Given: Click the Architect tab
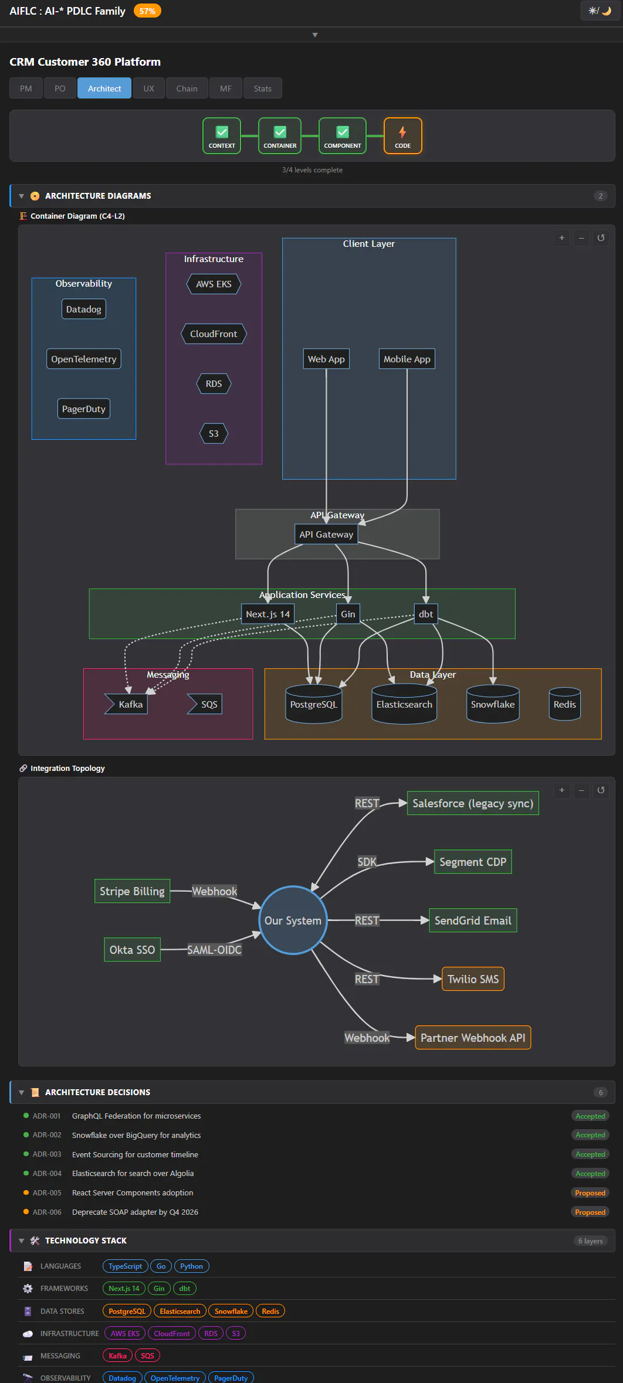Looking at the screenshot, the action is pos(104,89).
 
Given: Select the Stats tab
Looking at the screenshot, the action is pos(262,89).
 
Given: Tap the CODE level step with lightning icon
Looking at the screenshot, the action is pos(402,136).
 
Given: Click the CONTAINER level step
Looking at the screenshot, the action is pos(280,136).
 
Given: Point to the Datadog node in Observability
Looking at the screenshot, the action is pos(84,309).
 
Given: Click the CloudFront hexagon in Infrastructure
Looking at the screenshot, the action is pos(214,334).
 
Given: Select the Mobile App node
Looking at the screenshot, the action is pos(407,359).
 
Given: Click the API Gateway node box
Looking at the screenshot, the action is pos(326,534).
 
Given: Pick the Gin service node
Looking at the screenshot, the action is pos(348,614).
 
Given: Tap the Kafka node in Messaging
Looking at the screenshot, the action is pos(127,704).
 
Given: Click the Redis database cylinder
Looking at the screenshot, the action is pos(565,704).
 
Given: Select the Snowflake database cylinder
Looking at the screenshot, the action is pos(493,704).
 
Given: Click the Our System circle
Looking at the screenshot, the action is pos(293,920).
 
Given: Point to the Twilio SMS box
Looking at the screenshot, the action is pos(473,979).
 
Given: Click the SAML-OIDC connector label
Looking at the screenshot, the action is pos(214,950).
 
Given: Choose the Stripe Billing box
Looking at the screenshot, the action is pos(132,891).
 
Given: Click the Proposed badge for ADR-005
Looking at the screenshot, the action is pos(590,1193).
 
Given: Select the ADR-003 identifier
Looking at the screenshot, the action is pos(47,1154).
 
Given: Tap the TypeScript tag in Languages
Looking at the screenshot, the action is pos(125,1266).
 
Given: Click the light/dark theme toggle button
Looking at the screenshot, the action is pos(600,11).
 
